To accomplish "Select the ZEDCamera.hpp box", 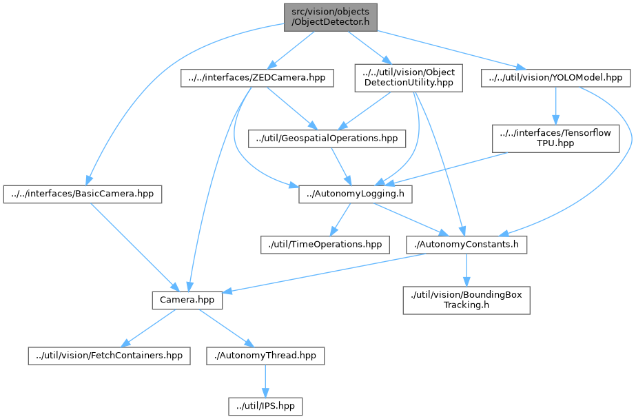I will pos(257,79).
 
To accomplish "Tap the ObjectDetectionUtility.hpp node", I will pos(409,78).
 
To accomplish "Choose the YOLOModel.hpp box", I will pos(555,78).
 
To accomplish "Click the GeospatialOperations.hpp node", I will pos(327,139).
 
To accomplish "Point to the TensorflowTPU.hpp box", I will pos(555,139).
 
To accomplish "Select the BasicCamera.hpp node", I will pos(82,194).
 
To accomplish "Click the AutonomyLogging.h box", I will pos(356,194).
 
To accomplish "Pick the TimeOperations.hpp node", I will pos(324,244).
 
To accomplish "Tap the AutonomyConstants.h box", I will pos(467,244).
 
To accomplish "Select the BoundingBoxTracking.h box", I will pos(466,300).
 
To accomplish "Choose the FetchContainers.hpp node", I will pos(109,356).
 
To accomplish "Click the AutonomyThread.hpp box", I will pos(265,356).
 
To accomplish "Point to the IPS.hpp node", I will pos(265,406).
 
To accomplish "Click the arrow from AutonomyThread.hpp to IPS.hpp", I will pos(265,380).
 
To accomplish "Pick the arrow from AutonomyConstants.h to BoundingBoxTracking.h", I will pos(467,269).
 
